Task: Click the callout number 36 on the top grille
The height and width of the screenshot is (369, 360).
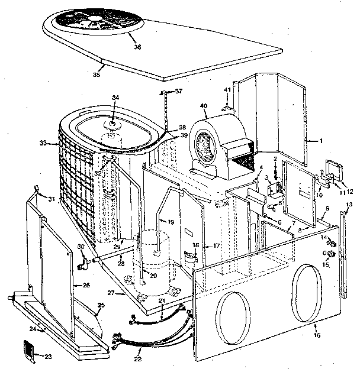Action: [x=137, y=46]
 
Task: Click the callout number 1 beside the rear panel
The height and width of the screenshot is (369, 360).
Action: [x=320, y=141]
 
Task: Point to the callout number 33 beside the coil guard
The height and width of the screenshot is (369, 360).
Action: [x=42, y=143]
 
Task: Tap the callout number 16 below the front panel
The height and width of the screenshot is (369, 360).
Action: [x=317, y=335]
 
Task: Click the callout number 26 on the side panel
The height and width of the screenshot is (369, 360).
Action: [x=85, y=285]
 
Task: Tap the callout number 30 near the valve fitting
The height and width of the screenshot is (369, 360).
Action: [x=81, y=247]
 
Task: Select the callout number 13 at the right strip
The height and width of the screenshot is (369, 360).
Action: [x=348, y=205]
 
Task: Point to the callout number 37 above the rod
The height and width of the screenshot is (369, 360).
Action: [x=178, y=90]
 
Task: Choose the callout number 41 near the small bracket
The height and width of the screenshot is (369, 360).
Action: [x=226, y=90]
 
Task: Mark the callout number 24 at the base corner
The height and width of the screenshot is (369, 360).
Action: [x=33, y=328]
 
